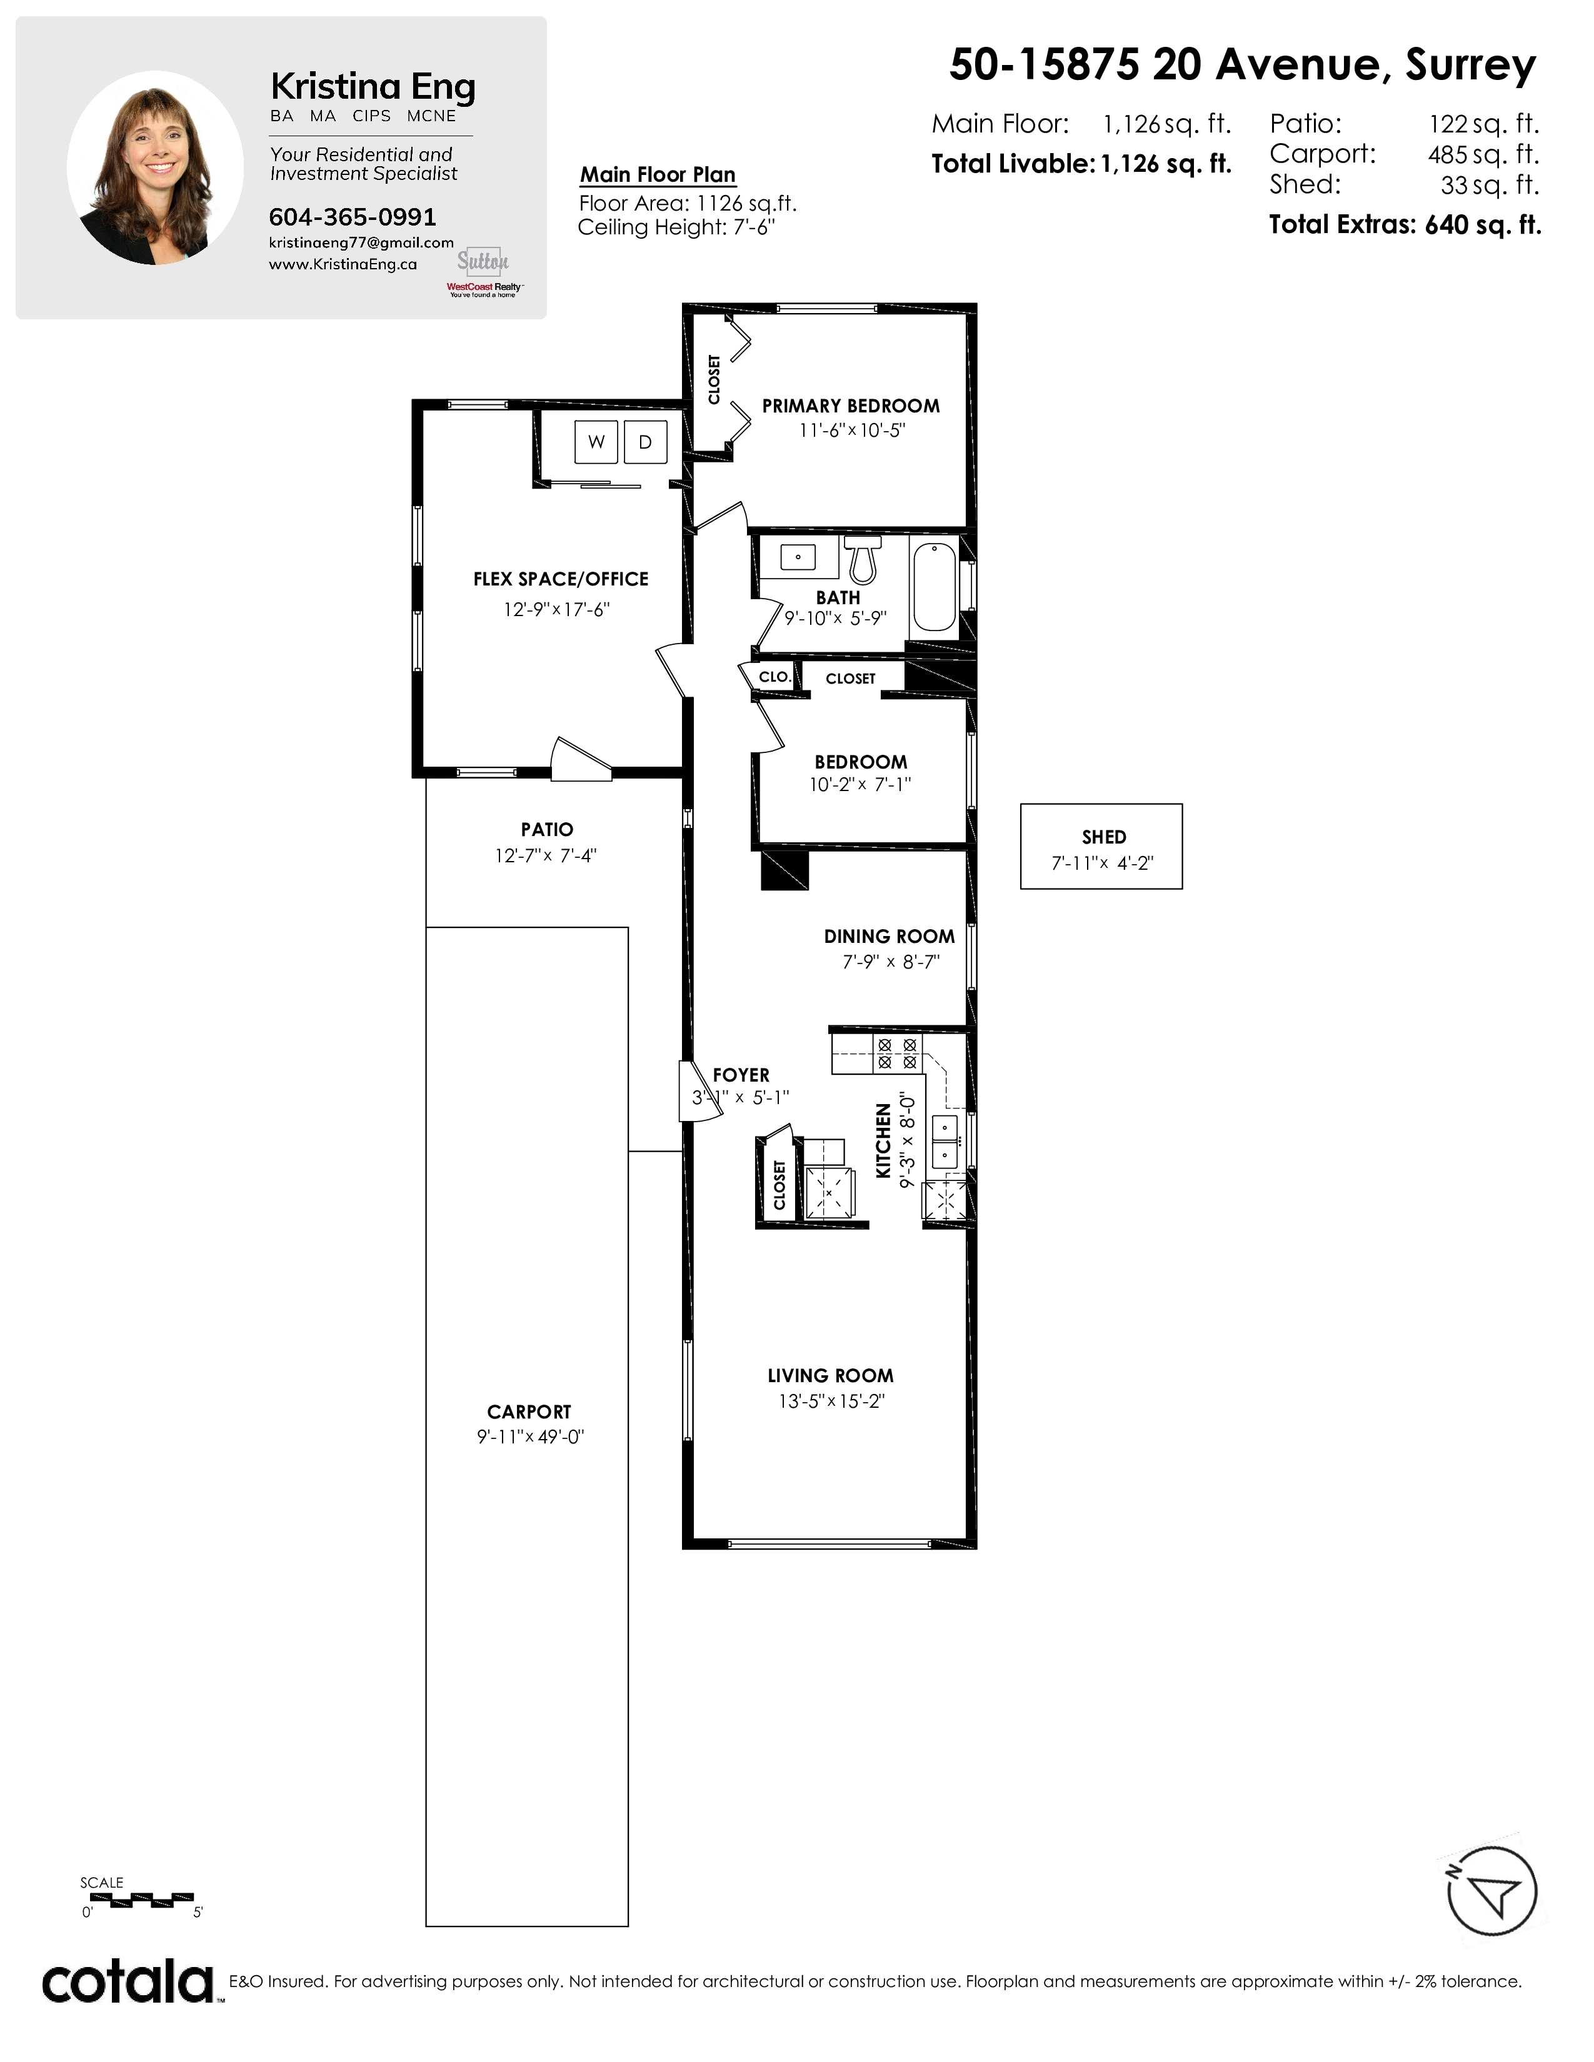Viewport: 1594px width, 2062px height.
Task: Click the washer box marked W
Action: pos(596,442)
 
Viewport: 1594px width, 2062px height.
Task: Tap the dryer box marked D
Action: pos(645,442)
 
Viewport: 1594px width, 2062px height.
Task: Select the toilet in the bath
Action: pos(862,560)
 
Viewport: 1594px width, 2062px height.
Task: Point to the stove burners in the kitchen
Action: pos(897,1053)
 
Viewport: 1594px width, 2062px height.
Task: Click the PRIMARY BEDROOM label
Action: pos(851,406)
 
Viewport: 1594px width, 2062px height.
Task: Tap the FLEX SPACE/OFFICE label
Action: pos(561,580)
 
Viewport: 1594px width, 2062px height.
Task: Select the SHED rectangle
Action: pos(1101,846)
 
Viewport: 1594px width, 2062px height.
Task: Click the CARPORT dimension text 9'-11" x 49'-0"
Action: pos(529,1437)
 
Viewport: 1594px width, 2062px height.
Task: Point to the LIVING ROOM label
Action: pos(830,1376)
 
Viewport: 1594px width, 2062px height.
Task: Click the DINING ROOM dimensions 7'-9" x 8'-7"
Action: pos(891,962)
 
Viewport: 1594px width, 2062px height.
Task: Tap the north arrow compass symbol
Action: pos(1492,1891)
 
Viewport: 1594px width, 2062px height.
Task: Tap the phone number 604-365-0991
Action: pos(352,217)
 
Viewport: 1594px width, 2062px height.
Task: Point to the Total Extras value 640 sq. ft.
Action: pos(1483,225)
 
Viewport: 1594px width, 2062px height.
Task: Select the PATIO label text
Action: pos(547,829)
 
